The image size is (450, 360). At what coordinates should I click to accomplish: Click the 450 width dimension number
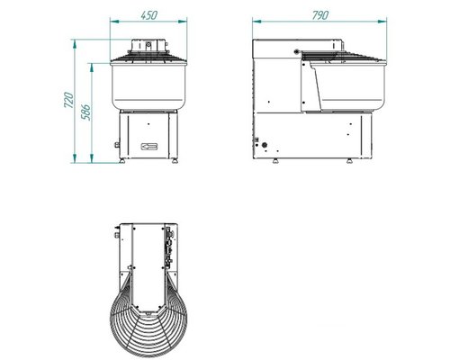click(148, 15)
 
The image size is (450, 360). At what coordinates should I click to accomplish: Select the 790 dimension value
click(320, 15)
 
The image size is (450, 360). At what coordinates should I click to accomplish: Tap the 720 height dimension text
click(68, 100)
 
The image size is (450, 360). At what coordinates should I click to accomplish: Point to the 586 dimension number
click(85, 112)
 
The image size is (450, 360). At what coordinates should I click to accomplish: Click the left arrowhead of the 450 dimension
click(114, 22)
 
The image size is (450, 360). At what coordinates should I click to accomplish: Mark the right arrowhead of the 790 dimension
click(382, 22)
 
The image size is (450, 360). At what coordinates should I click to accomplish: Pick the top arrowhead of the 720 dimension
click(75, 44)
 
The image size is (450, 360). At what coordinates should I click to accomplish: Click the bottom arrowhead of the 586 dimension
click(92, 158)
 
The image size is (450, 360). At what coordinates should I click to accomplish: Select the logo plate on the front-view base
click(149, 147)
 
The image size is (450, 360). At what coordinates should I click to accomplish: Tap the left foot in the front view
click(121, 161)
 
